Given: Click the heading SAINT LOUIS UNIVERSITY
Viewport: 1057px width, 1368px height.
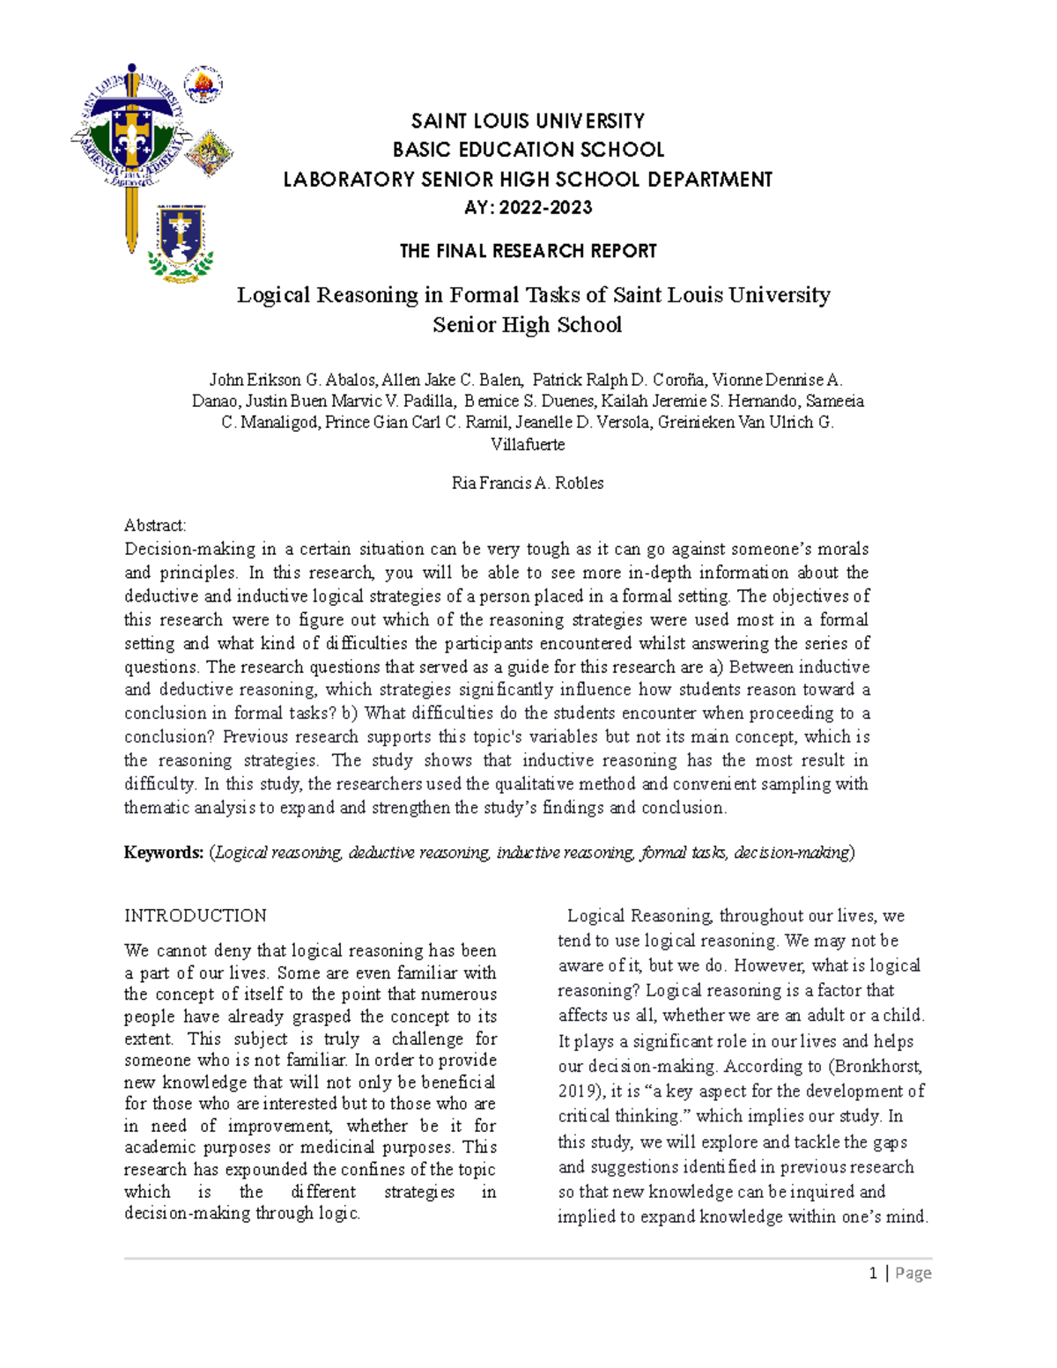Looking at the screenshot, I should [x=528, y=121].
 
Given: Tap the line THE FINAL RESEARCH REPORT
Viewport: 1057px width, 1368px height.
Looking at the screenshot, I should [x=528, y=251].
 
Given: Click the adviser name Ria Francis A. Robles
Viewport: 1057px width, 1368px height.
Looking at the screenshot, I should [x=528, y=483].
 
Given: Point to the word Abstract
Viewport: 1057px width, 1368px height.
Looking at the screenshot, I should [x=155, y=526].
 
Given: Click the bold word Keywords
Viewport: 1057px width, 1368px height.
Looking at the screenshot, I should [x=164, y=853].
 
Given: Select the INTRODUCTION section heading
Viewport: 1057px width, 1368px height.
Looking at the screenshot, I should [x=196, y=916].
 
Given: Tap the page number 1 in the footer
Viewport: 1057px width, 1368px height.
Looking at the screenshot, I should [x=873, y=1273].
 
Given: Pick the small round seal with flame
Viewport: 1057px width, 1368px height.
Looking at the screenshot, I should [x=203, y=85].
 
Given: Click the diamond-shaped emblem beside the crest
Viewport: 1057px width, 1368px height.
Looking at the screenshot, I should [x=209, y=152].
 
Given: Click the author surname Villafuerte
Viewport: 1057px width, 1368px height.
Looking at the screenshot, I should [x=528, y=444].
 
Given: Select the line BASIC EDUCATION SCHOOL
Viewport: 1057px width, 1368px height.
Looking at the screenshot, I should [x=528, y=150].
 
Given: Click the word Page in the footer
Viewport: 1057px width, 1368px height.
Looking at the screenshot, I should [x=913, y=1273].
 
